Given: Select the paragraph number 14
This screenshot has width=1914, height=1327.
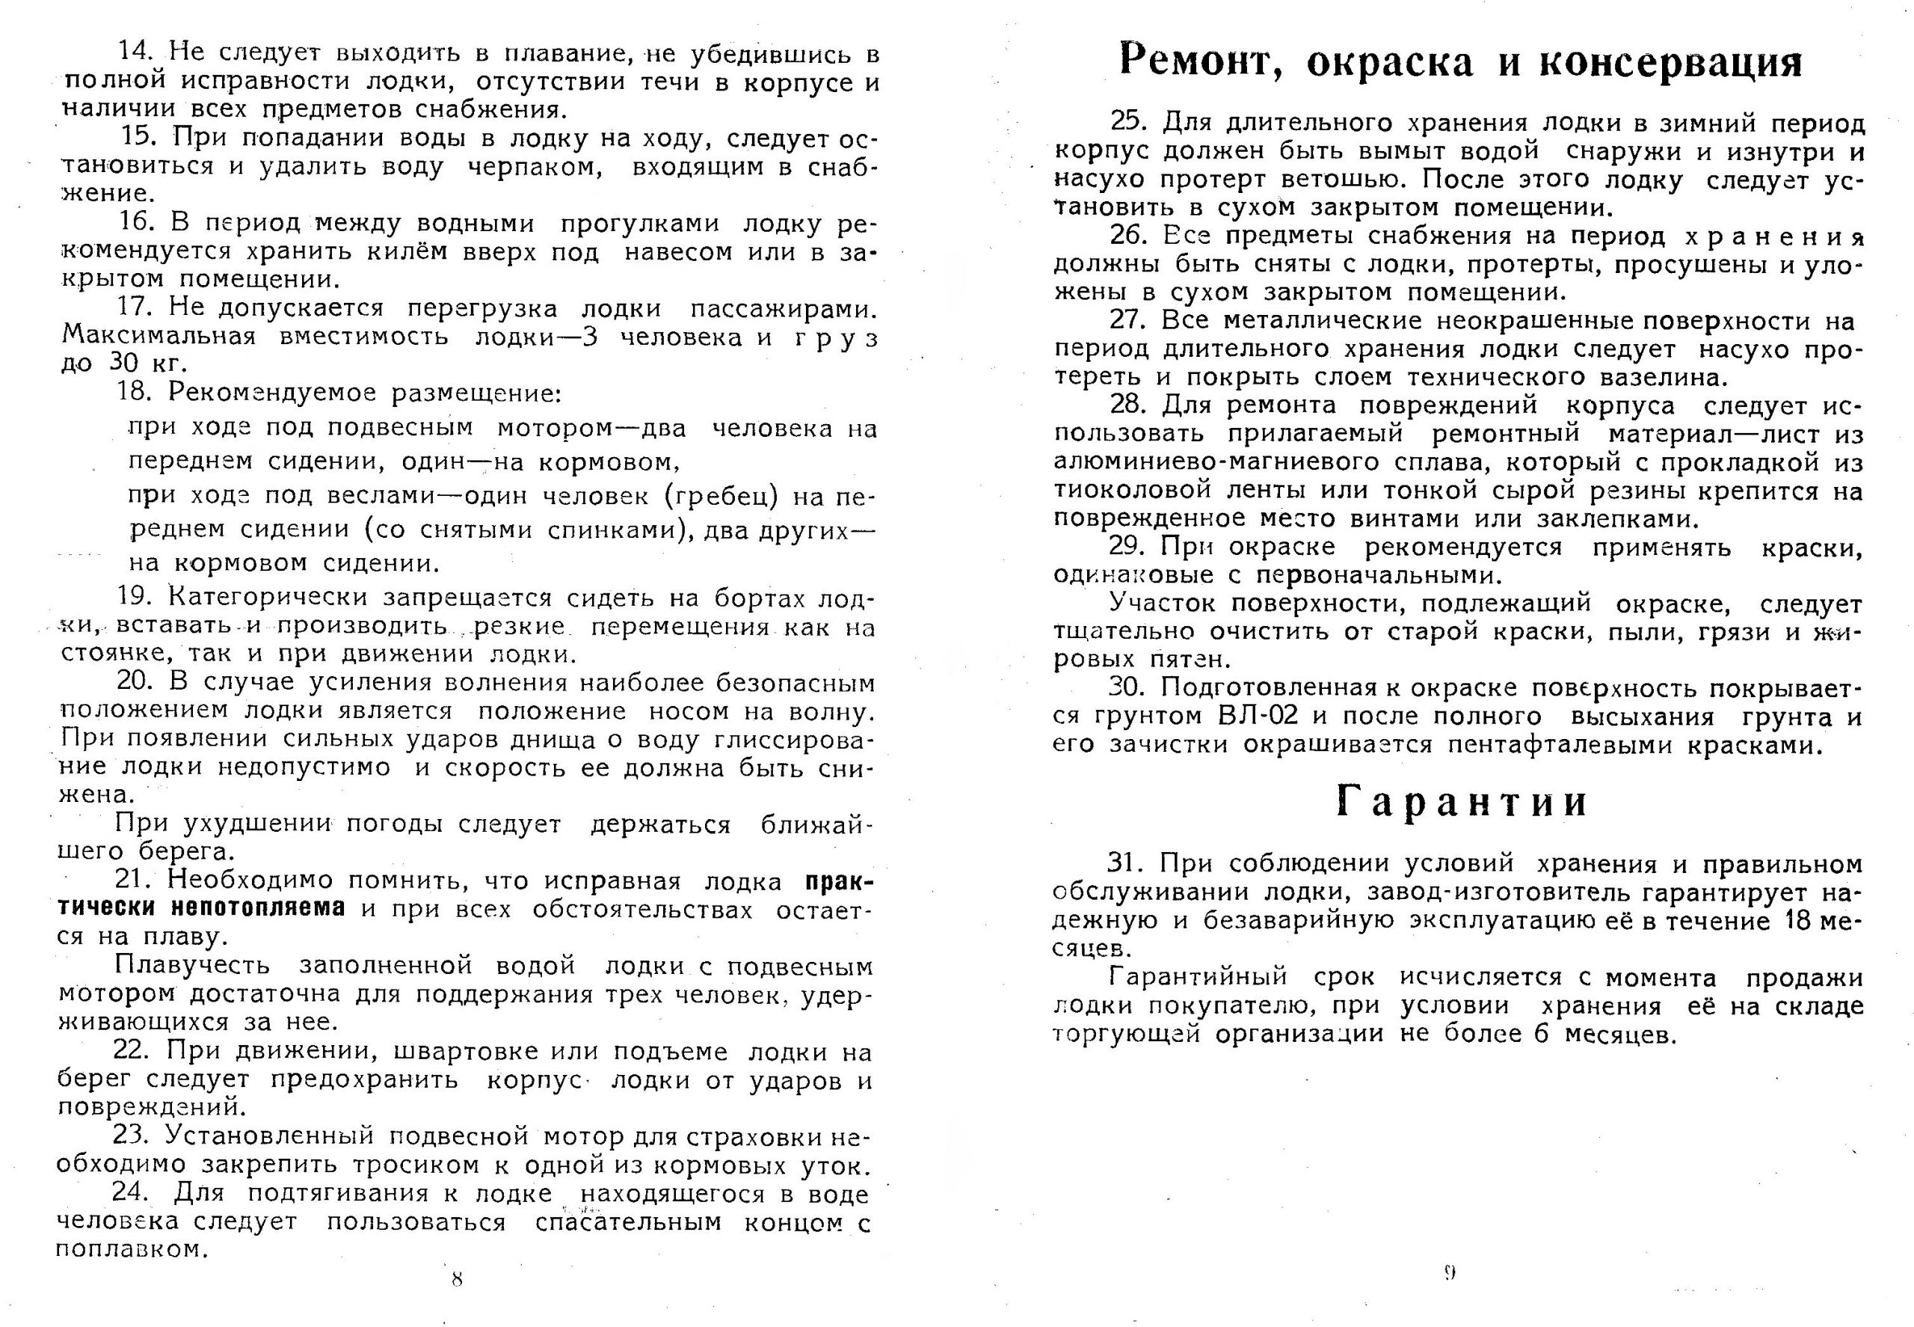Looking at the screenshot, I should pyautogui.click(x=135, y=52).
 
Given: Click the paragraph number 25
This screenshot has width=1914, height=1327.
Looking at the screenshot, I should pyautogui.click(x=1127, y=122).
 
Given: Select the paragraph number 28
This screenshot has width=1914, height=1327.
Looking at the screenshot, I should pyautogui.click(x=1127, y=405).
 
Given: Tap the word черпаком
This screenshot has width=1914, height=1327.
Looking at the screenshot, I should pyautogui.click(x=534, y=166).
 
